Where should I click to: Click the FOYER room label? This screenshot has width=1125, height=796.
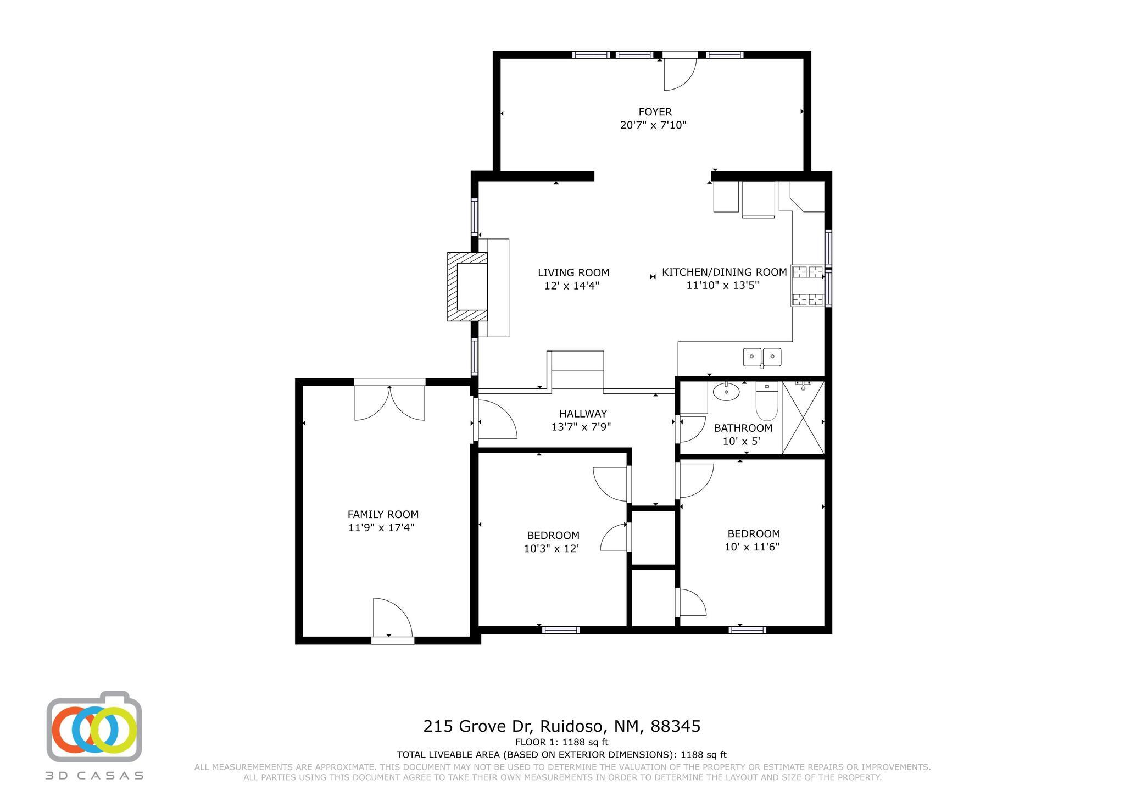655,112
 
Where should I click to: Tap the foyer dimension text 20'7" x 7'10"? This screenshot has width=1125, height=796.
653,125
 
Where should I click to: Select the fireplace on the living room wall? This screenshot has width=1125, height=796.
467,287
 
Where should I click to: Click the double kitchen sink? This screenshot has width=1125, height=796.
762,357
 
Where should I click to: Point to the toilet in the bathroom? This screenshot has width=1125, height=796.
766,400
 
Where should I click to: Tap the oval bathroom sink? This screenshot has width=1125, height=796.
726,392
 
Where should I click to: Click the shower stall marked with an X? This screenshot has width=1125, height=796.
803,418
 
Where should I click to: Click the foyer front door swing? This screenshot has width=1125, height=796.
679,74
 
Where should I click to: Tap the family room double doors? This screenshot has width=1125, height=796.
389,403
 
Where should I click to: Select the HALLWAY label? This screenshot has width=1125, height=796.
583,414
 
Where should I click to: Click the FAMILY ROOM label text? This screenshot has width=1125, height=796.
383,514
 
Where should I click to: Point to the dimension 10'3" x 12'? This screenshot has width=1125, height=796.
552,548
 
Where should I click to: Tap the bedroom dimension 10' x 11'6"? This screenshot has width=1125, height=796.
752,547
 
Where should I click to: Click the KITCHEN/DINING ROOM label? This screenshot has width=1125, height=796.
724,272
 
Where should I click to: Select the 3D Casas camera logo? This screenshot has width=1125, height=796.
94,727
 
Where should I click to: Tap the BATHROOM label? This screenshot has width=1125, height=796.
743,428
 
